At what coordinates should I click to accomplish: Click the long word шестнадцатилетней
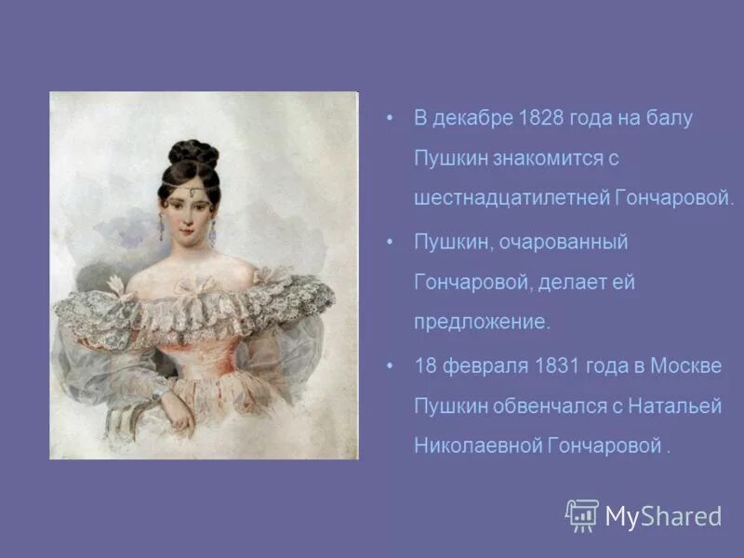coord(511,198)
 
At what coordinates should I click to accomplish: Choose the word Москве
coord(687,365)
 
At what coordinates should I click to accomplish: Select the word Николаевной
coord(478,445)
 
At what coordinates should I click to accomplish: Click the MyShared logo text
coord(663,516)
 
